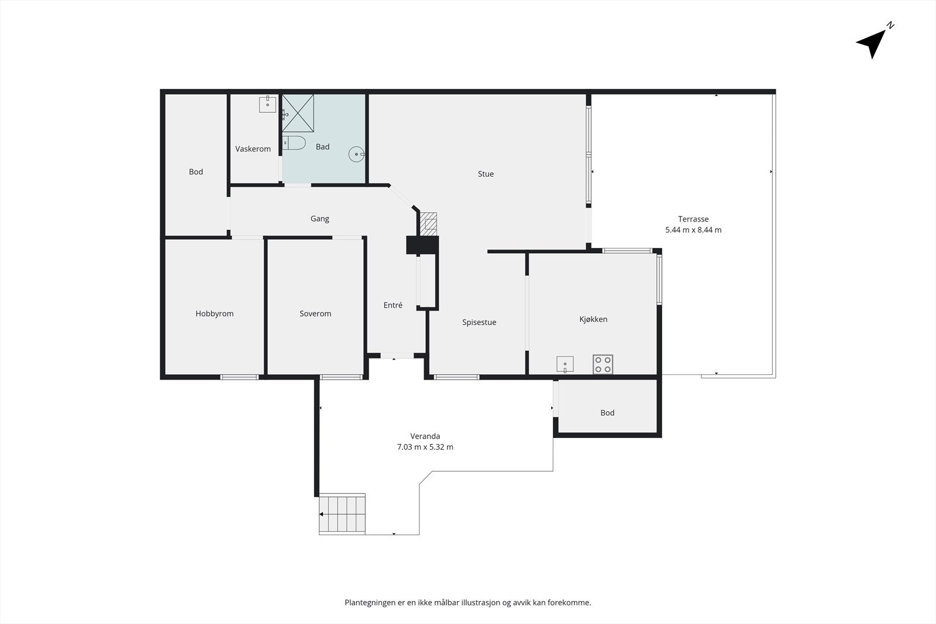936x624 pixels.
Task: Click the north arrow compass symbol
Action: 873,42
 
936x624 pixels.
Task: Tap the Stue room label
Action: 486,174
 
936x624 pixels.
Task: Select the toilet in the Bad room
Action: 294,143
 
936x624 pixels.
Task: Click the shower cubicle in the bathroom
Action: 298,113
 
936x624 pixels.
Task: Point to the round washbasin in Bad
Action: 356,154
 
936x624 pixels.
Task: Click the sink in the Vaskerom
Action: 267,105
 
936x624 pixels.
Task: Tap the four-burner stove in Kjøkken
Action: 603,364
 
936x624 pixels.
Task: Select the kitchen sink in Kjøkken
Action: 565,365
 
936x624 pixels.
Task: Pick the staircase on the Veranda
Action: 342,514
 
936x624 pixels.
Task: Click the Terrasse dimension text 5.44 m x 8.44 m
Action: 693,230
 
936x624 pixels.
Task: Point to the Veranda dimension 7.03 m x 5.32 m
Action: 425,447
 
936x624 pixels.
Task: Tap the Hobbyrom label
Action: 214,313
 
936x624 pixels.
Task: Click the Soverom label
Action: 315,313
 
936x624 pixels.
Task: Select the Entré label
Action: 393,305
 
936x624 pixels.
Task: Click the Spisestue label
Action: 479,322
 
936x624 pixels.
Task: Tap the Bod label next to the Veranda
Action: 607,413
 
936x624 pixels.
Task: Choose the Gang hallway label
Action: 319,219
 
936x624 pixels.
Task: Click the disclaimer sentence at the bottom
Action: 467,602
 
